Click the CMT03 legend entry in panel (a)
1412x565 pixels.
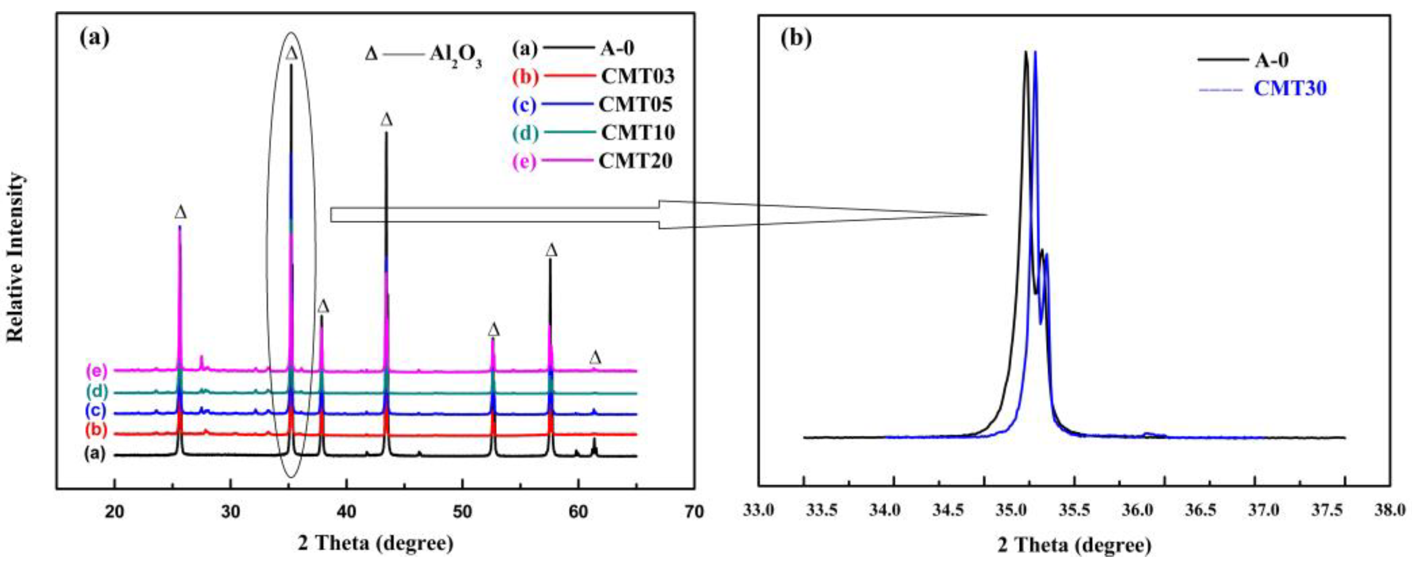pos(637,76)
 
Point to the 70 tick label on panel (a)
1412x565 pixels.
pos(694,513)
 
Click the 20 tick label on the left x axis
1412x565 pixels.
pos(114,513)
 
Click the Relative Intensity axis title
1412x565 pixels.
pos(17,258)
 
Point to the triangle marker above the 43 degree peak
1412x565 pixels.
pos(387,119)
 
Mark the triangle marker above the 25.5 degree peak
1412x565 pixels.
pos(180,212)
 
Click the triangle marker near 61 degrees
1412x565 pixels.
pos(595,358)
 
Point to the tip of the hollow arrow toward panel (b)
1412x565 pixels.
pos(987,214)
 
